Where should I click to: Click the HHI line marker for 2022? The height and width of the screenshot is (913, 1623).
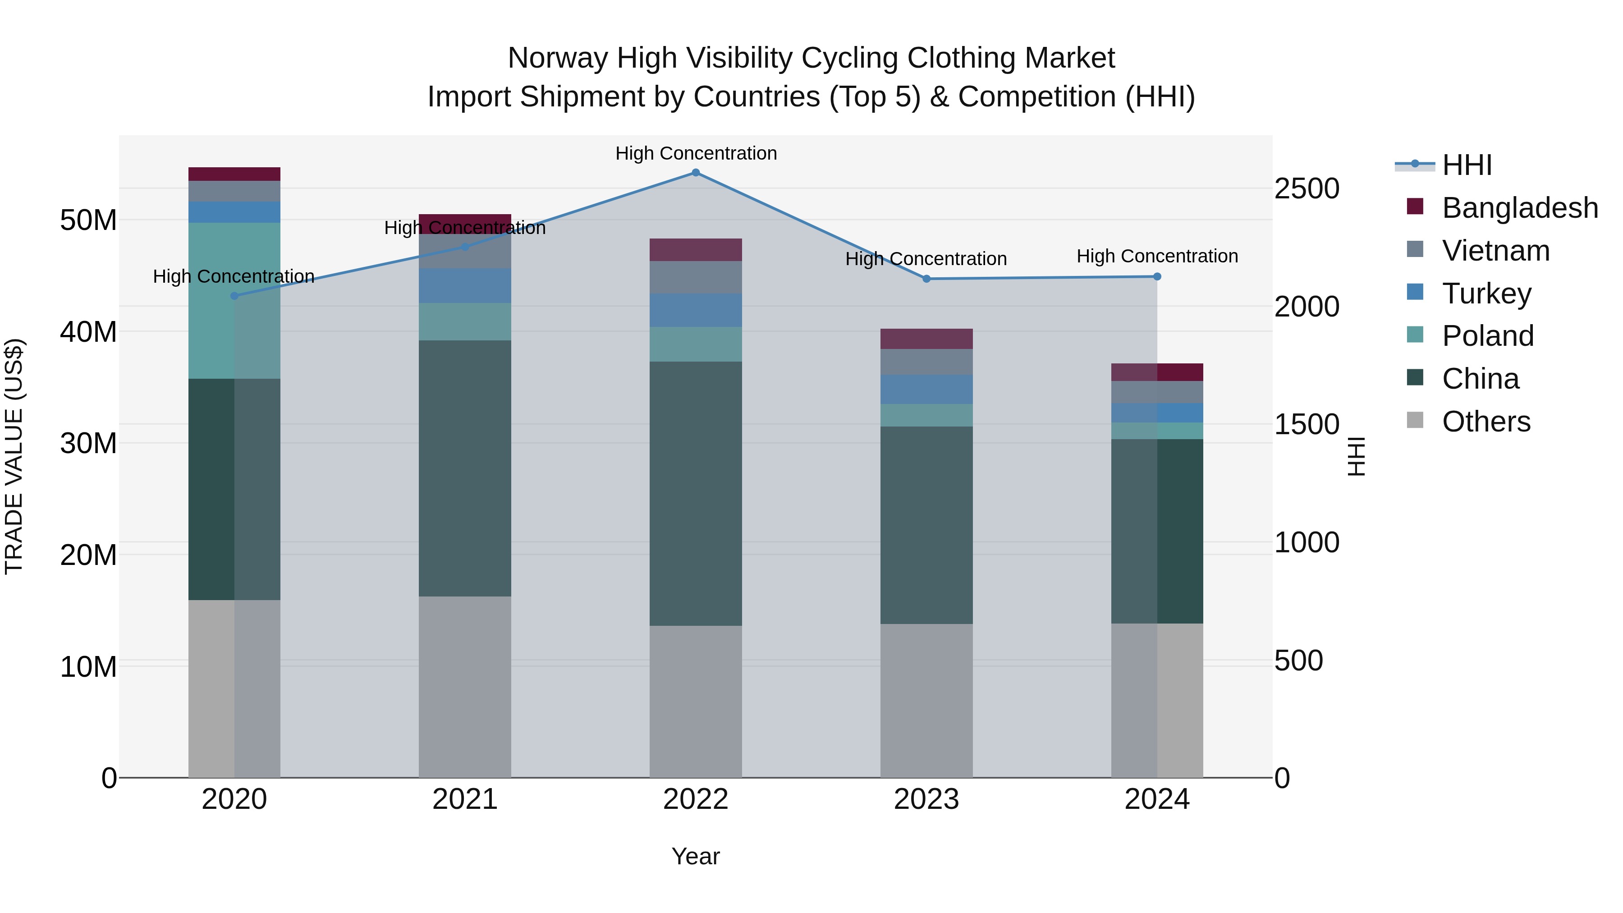coord(696,173)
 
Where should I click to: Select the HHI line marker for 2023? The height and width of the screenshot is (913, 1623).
coord(926,279)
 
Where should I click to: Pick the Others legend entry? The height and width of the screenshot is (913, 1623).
coord(1485,422)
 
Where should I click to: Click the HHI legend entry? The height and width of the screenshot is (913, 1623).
coord(1466,165)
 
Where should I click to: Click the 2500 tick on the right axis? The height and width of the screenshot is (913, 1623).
coord(1306,188)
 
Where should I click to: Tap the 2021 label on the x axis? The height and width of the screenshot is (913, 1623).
coord(465,799)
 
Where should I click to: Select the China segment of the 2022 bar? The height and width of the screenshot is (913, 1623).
coord(696,493)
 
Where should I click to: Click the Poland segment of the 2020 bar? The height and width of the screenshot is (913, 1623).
coord(234,301)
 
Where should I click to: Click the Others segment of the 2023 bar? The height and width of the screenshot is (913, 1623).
coord(926,701)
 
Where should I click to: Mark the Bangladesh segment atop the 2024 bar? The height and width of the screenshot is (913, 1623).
coord(1157,372)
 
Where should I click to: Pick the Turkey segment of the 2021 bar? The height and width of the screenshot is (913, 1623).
coord(465,286)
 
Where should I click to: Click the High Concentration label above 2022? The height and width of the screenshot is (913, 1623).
coord(696,153)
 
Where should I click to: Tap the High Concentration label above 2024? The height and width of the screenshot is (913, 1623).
coord(1157,257)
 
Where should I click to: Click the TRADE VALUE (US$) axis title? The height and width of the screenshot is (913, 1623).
coord(14,456)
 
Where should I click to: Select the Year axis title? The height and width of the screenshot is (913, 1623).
coord(696,856)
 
